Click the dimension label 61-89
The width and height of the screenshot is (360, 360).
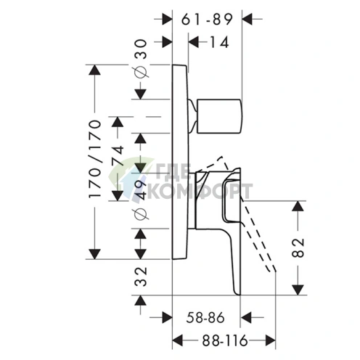207,20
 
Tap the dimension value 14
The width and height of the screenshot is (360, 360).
219,42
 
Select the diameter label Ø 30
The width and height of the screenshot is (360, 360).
141,59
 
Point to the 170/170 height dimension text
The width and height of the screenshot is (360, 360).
94,159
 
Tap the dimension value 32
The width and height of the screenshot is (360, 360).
141,277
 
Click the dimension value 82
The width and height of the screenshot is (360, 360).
298,247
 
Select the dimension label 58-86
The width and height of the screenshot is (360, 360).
205,318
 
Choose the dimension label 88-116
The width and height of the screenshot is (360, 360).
225,340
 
